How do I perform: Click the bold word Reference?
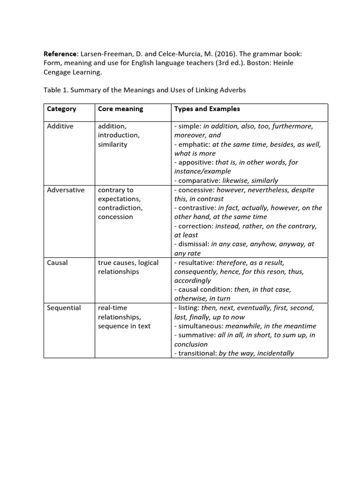click(60, 54)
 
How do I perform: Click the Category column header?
click(61, 109)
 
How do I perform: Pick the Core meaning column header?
click(120, 109)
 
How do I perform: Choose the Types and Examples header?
click(207, 109)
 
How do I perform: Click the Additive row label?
click(60, 127)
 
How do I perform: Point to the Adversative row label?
click(66, 190)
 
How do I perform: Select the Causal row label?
click(57, 262)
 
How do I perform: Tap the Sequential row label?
click(64, 308)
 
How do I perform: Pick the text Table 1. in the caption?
click(55, 90)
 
